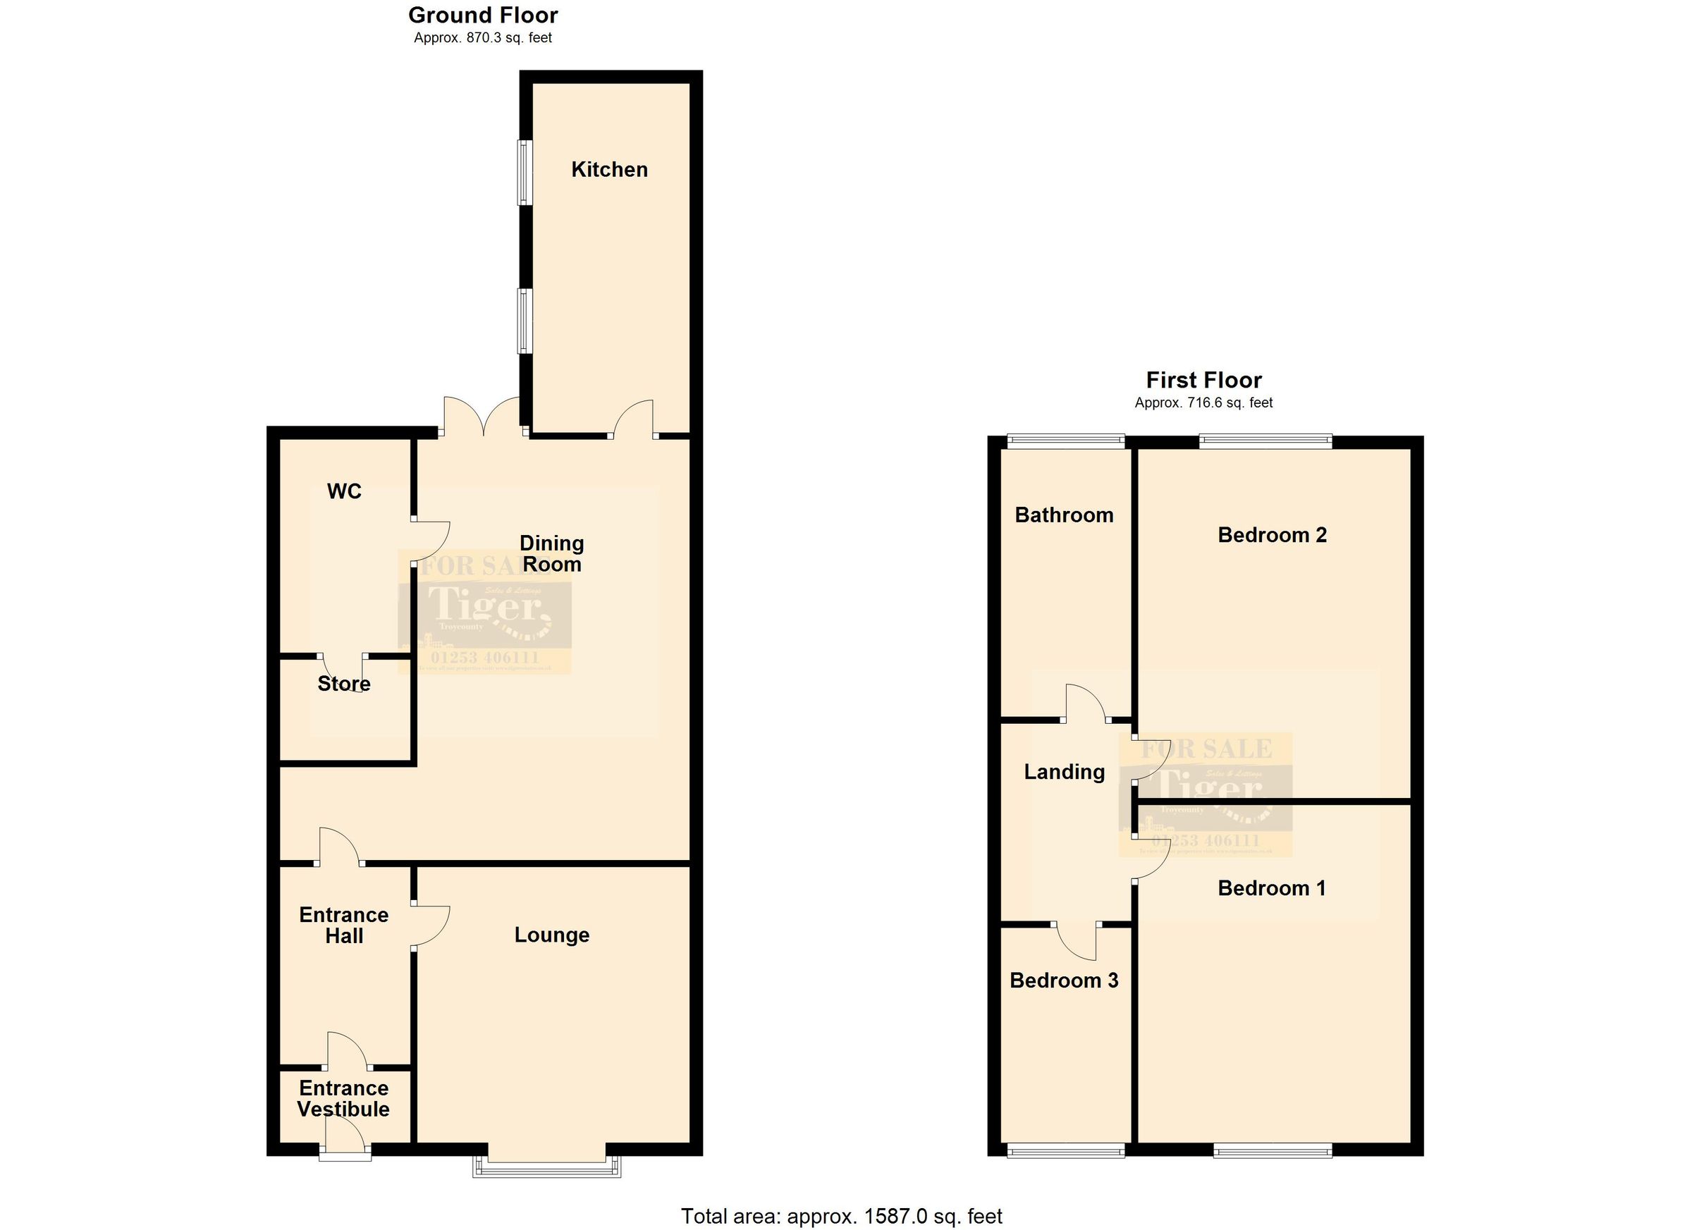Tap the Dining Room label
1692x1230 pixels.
pyautogui.click(x=551, y=553)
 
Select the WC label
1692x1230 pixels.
pyautogui.click(x=344, y=491)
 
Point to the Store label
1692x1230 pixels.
pyautogui.click(x=343, y=684)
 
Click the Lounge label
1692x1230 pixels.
pyautogui.click(x=551, y=935)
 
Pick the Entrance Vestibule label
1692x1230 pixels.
pyautogui.click(x=343, y=1099)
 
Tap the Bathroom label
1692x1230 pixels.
pyautogui.click(x=1064, y=515)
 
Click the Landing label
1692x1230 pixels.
pyautogui.click(x=1064, y=772)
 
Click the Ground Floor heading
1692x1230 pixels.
pyautogui.click(x=483, y=15)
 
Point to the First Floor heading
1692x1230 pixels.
pyautogui.click(x=1203, y=381)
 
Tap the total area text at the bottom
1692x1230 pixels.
pyautogui.click(x=842, y=1217)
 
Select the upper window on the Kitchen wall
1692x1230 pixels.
pyautogui.click(x=525, y=172)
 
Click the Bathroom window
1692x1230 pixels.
pyautogui.click(x=1065, y=441)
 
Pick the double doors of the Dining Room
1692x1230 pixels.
pyautogui.click(x=483, y=418)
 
